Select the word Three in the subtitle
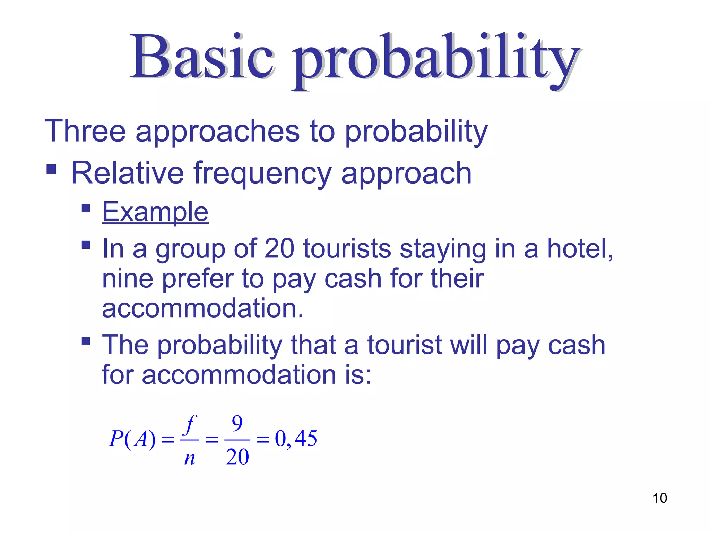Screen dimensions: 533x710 (85, 131)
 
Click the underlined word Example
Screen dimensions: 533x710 (155, 212)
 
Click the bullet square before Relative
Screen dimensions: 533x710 (51, 169)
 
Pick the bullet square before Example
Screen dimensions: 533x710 (86, 208)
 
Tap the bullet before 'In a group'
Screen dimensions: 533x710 (86, 245)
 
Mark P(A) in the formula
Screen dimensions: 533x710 (132, 439)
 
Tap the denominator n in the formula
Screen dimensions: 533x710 (190, 458)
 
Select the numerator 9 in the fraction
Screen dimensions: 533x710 (237, 423)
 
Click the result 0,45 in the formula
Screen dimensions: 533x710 (296, 439)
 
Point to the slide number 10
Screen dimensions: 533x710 (660, 498)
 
